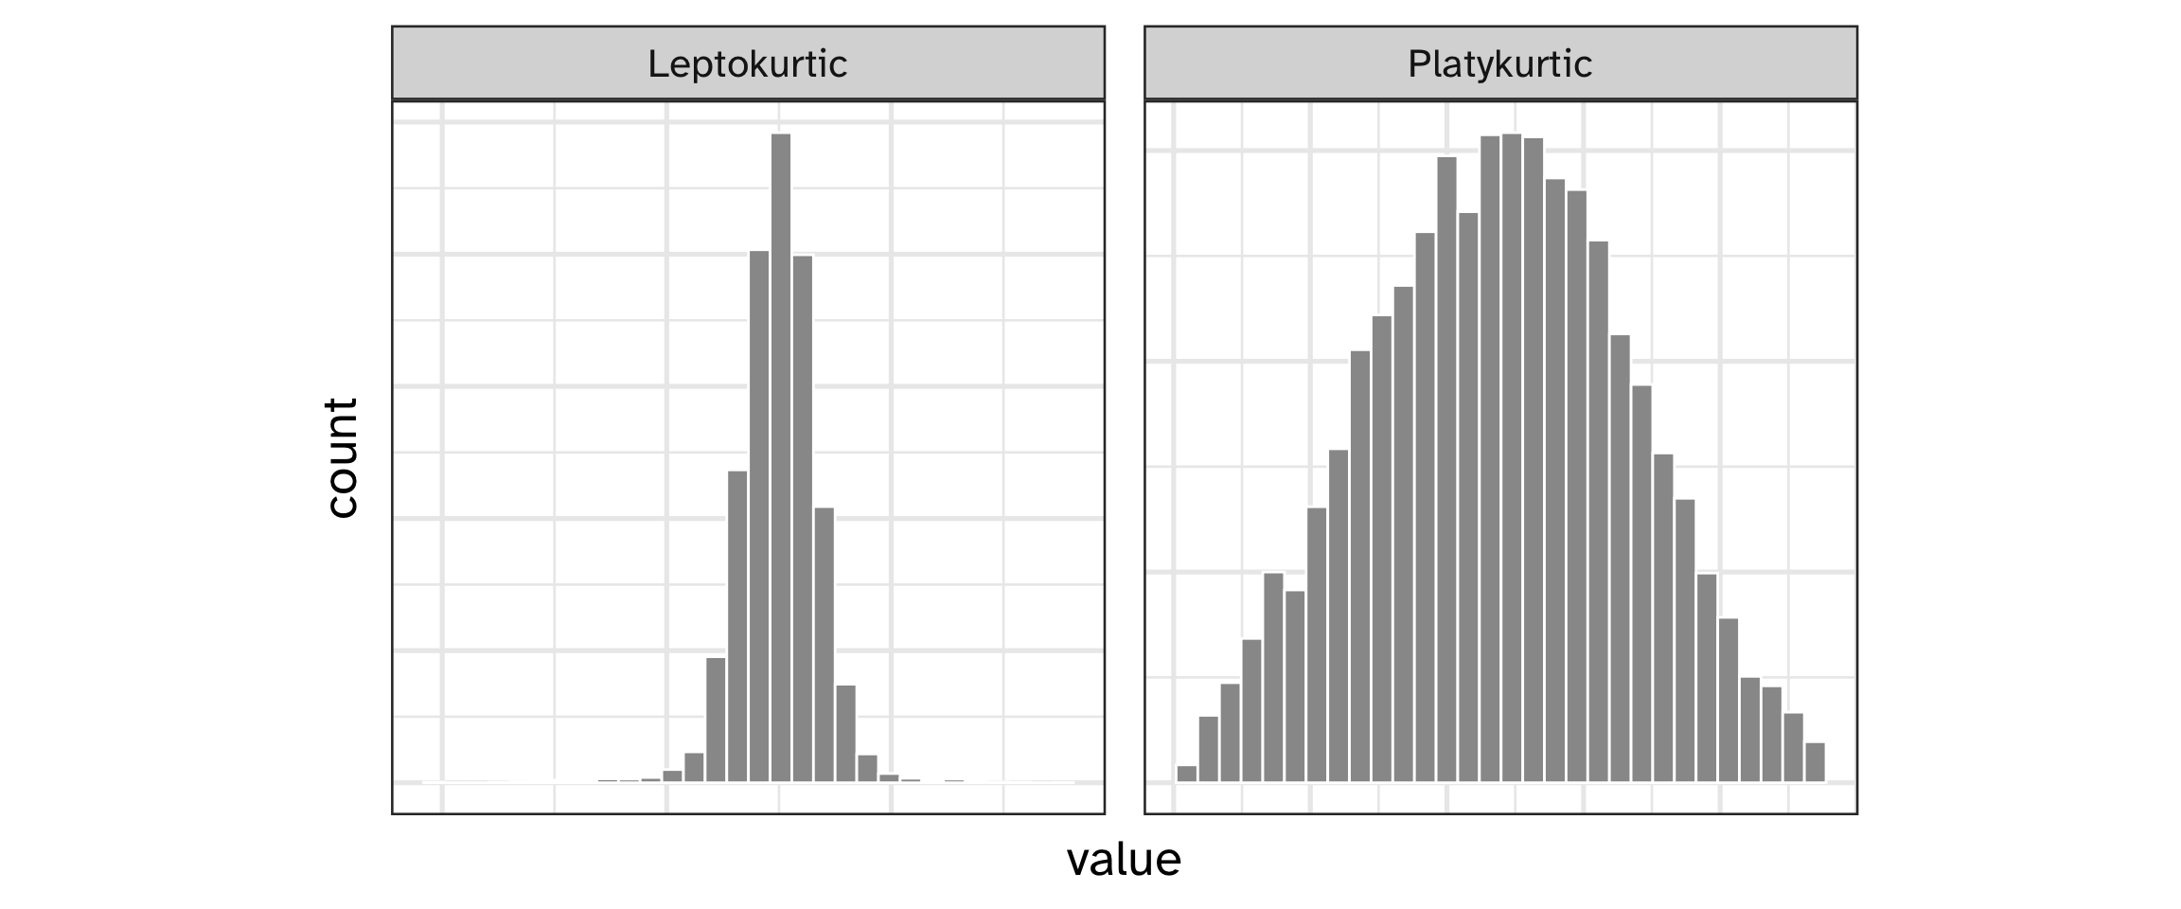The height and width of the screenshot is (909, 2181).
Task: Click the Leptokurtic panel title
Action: [x=747, y=64]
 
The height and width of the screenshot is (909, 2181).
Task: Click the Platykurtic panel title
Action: [x=1499, y=64]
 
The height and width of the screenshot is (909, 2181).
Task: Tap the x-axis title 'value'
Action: [x=1124, y=860]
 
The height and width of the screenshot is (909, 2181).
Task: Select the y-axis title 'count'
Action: [x=341, y=457]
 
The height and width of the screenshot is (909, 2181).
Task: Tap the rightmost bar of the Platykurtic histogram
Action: [x=1815, y=762]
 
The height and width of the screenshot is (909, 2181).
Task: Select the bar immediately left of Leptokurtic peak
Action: [x=759, y=516]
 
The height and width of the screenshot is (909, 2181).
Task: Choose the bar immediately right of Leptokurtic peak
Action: [x=803, y=519]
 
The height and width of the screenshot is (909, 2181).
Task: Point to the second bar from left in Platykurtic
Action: [x=1208, y=748]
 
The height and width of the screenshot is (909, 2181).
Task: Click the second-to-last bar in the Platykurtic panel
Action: [x=1793, y=747]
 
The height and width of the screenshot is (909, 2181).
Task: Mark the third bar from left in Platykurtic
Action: [x=1230, y=732]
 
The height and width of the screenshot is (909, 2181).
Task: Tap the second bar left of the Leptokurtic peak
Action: [x=737, y=626]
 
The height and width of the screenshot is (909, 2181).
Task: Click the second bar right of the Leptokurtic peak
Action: [x=825, y=644]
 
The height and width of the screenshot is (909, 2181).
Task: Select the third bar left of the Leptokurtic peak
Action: [x=716, y=720]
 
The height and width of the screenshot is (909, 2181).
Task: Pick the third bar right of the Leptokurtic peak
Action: [x=846, y=733]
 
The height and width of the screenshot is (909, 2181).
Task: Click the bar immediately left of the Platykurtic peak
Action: [x=1490, y=458]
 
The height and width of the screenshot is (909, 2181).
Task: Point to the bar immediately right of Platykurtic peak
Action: [x=1534, y=460]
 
